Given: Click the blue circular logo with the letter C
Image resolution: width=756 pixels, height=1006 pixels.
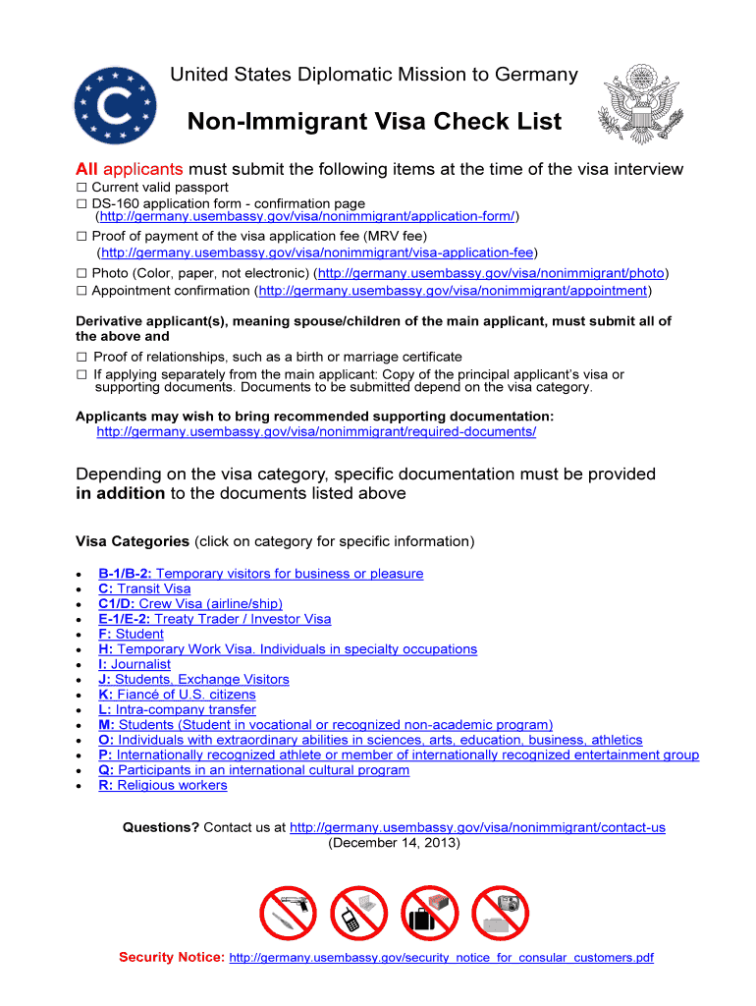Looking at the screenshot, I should pos(114,106).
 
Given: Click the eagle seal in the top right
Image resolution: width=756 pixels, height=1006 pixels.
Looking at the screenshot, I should pos(639,105).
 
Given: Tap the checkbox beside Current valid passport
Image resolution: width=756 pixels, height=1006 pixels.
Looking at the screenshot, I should pos(82,187).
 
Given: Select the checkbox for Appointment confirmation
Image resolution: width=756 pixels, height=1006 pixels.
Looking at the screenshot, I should pos(82,291).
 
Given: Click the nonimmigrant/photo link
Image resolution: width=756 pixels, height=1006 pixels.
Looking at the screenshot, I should pos(493,273).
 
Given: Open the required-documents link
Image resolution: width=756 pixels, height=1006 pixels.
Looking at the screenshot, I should pos(316,431).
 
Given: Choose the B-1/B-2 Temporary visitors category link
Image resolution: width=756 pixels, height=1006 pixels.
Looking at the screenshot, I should pos(260,574).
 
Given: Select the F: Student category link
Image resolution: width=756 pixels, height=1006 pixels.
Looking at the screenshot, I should pos(131,634).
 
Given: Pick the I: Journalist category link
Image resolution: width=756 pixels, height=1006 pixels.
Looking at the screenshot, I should pos(134,664).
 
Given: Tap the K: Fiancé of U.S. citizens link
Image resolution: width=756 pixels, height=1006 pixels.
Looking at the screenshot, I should pos(177,695).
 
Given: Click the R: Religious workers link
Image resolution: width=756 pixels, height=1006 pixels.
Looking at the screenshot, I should pos(162,785).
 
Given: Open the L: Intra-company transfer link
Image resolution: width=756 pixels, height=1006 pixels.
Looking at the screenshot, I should pos(177,709).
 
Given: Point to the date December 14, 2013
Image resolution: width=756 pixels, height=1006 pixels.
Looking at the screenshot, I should pos(393,843).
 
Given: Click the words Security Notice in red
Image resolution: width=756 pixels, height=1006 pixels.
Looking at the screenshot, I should pos(171,957).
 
